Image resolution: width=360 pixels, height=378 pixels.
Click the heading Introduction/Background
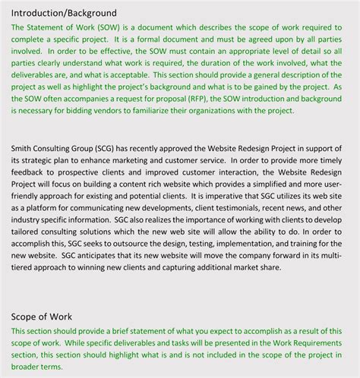(x=65, y=13)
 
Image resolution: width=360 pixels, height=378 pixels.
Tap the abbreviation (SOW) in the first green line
(x=109, y=27)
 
